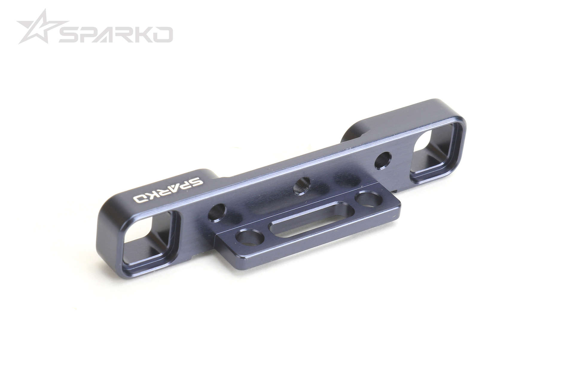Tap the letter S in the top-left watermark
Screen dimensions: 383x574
[x=68, y=34]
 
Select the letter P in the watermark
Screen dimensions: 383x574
[x=89, y=34]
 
